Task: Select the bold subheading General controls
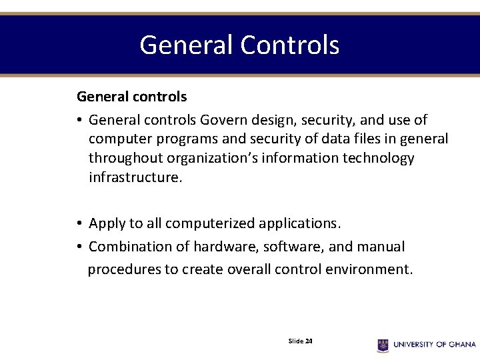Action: pyautogui.click(x=131, y=97)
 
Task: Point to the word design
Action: pyautogui.click(x=273, y=120)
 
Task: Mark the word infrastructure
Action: pyautogui.click(x=133, y=178)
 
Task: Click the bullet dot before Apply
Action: pyautogui.click(x=79, y=223)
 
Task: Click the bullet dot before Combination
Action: pyautogui.click(x=79, y=247)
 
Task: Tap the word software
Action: pyautogui.click(x=293, y=247)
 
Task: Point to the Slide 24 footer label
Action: pyautogui.click(x=301, y=341)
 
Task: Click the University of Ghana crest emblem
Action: pyautogui.click(x=383, y=345)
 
